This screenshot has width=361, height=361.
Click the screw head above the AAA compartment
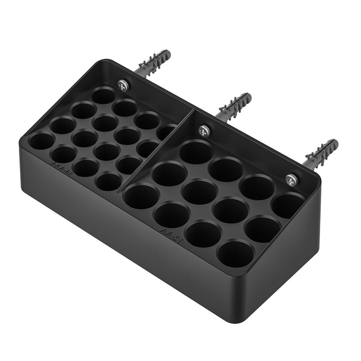[x=123, y=85]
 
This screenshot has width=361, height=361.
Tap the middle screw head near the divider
[x=204, y=131]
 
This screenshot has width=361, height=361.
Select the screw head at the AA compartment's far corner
[x=292, y=179]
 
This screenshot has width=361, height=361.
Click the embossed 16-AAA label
[x=61, y=167]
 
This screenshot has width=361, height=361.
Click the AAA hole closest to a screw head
[x=104, y=96]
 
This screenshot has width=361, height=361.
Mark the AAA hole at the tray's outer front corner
[x=41, y=141]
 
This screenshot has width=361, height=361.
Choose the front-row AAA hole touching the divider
[x=108, y=182]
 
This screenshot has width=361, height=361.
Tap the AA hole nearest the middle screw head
[x=196, y=152]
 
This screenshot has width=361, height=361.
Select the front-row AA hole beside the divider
[x=141, y=196]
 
